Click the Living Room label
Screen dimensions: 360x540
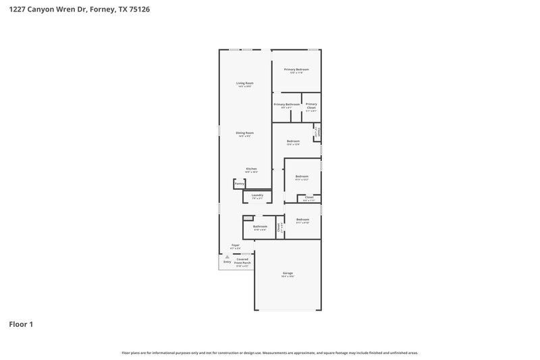coord(244,83)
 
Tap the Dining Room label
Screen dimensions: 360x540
coord(244,133)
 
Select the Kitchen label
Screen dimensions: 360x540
coord(251,169)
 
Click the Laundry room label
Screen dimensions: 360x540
coord(257,195)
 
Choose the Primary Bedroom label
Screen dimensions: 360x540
coord(296,70)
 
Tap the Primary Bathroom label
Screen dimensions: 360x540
coord(286,104)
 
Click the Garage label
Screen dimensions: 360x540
coord(288,273)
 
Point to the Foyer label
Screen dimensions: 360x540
coord(236,245)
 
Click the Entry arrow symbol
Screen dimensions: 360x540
coord(218,257)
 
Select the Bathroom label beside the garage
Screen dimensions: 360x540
coord(260,226)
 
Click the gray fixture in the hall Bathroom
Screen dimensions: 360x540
coord(248,217)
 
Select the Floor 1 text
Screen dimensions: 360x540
coord(21,324)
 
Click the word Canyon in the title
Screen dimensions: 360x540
coord(40,9)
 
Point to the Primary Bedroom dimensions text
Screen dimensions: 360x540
coord(296,73)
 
